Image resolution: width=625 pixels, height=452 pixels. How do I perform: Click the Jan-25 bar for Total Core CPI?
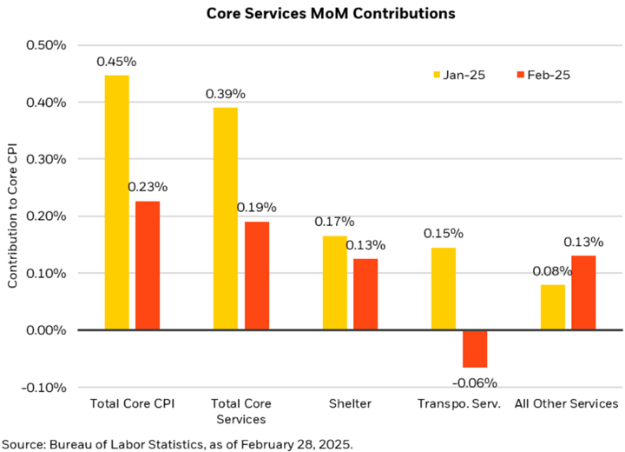(x=116, y=203)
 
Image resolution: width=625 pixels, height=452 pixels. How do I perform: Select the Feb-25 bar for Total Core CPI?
(x=147, y=265)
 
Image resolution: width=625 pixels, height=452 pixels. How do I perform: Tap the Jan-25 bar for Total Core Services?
(x=225, y=218)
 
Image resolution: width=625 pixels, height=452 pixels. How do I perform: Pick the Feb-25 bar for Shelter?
(x=365, y=294)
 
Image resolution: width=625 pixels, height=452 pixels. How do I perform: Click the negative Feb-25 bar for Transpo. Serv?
(x=475, y=349)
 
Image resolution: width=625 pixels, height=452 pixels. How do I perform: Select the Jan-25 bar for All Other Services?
(x=552, y=307)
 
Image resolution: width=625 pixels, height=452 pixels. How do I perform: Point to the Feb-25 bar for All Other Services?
(x=582, y=292)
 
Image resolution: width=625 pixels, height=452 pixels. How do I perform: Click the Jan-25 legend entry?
(x=457, y=75)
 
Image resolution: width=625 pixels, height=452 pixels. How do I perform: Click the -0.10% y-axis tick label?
(x=47, y=387)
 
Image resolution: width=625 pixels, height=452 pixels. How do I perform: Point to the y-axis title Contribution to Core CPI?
(x=12, y=216)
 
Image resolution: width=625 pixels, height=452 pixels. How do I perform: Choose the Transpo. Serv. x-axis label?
(x=459, y=404)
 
